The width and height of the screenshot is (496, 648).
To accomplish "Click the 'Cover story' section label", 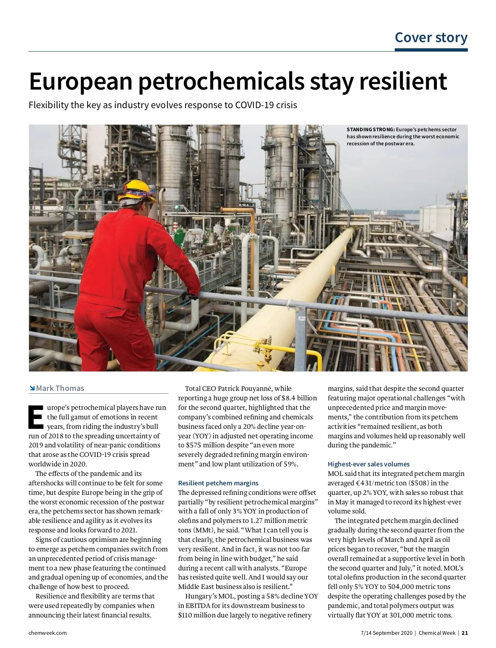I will point(431,38).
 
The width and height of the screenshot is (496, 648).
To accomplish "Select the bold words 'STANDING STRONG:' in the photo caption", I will point(371,130).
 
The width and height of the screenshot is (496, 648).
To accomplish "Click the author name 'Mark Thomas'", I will point(60,388).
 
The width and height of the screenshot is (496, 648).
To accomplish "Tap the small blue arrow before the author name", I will point(32,388).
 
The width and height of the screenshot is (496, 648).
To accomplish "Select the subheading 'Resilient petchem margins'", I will point(218,483).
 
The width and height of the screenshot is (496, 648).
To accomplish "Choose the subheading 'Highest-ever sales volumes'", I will point(369,464).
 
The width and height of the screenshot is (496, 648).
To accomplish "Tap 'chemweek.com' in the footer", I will point(48,633).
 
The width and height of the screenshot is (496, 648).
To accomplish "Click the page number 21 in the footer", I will point(465,633).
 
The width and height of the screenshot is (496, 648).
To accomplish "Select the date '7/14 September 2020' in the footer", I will point(386,633).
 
